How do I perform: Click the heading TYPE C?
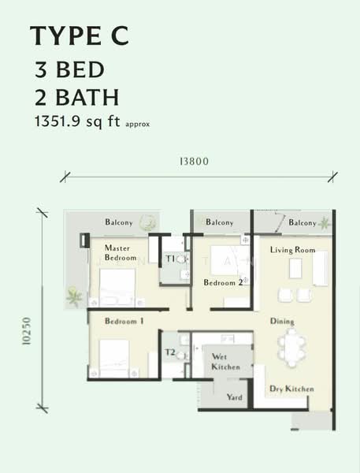pyautogui.click(x=77, y=35)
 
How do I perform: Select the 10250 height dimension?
pyautogui.click(x=28, y=330)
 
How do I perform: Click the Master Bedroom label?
pyautogui.click(x=122, y=252)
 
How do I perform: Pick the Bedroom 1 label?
pyautogui.click(x=124, y=321)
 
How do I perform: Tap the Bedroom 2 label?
pyautogui.click(x=222, y=282)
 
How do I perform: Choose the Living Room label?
pyautogui.click(x=292, y=250)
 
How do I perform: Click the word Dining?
pyautogui.click(x=282, y=322)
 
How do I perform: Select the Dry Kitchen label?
pyautogui.click(x=291, y=389)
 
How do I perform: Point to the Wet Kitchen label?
pyautogui.click(x=225, y=362)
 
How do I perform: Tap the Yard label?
pyautogui.click(x=234, y=397)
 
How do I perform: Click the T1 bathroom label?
pyautogui.click(x=169, y=258)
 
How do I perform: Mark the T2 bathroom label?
pyautogui.click(x=169, y=352)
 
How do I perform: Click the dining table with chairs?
pyautogui.click(x=293, y=348)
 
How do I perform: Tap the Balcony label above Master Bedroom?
pyautogui.click(x=119, y=222)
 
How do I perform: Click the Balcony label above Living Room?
pyautogui.click(x=302, y=223)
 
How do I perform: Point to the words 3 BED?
pyautogui.click(x=69, y=69)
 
